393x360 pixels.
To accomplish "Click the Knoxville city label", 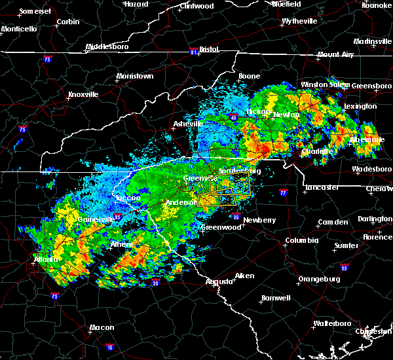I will tap(84, 94).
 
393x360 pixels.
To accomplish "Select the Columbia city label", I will tap(301, 241).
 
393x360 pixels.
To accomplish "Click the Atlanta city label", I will tap(45, 259).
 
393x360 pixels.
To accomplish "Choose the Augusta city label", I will tap(220, 281).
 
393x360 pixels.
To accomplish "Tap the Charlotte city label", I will tap(318, 151).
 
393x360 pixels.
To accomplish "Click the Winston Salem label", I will tap(324, 85).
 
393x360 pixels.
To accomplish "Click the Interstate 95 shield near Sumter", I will tap(345, 267).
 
